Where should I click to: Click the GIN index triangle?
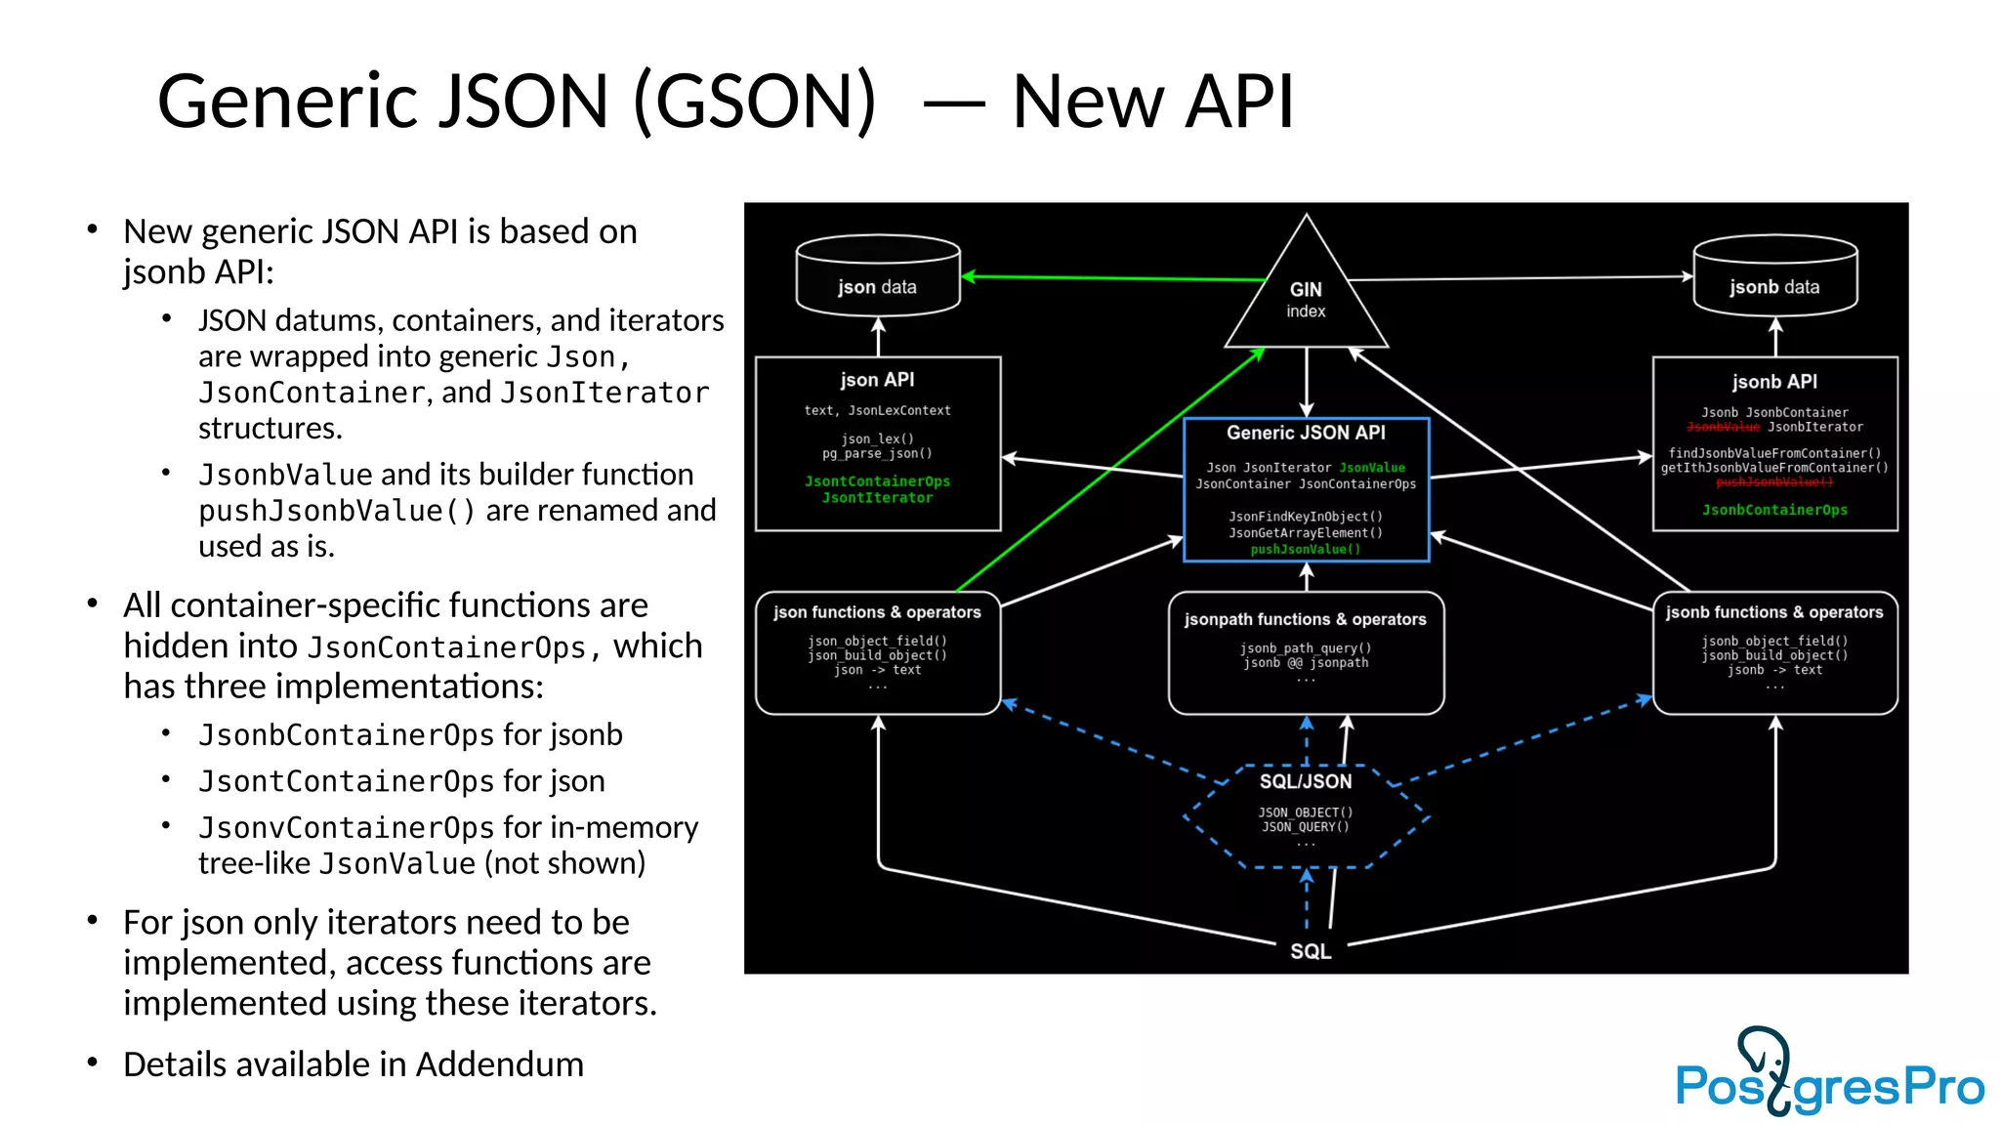1306,298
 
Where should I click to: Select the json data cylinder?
877,277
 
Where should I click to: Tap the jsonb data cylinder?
1774,277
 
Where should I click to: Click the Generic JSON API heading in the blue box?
1306,433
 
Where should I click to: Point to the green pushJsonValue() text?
1306,550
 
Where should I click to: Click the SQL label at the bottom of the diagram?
1311,951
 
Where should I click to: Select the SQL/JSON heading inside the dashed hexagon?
1306,781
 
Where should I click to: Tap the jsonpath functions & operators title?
1306,619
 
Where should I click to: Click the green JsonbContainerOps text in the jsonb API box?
1774,510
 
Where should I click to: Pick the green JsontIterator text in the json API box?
877,498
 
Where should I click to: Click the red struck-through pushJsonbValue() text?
1774,482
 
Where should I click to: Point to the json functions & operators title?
877,612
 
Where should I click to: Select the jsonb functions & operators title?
1774,612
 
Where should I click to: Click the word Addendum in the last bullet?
499,1064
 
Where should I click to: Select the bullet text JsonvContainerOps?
346,828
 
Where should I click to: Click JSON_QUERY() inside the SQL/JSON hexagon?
1306,827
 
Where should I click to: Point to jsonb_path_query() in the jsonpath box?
1306,648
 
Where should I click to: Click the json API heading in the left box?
877,380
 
